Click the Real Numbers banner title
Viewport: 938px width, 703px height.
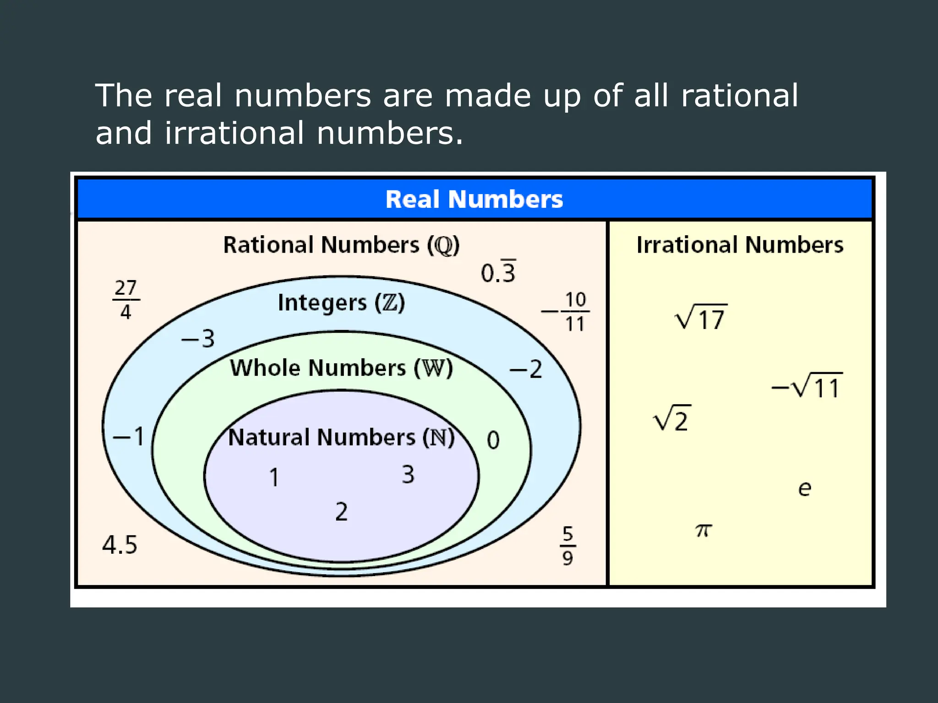(x=474, y=199)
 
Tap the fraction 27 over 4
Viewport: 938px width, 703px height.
(x=125, y=300)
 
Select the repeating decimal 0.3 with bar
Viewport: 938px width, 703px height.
(x=498, y=272)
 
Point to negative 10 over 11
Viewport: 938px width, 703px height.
(x=567, y=312)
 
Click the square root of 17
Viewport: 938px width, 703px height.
(x=701, y=317)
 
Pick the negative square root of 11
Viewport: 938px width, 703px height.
(x=807, y=386)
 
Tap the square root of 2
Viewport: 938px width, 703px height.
(x=672, y=418)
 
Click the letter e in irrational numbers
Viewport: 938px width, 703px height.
(x=804, y=488)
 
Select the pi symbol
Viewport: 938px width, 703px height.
(x=703, y=530)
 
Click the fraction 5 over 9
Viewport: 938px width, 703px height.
(x=567, y=546)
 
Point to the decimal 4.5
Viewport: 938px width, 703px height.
(x=120, y=545)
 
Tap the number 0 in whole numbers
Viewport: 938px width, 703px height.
(x=493, y=440)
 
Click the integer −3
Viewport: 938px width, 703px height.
(x=198, y=339)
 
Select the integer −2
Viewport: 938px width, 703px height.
(x=526, y=369)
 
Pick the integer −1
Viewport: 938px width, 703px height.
(x=129, y=436)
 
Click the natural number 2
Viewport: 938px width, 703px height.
(x=341, y=512)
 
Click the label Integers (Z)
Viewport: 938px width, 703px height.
(x=341, y=303)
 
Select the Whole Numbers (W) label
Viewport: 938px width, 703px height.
(x=341, y=368)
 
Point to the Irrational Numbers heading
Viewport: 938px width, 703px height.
(x=740, y=244)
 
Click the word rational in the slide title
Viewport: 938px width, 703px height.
(x=739, y=96)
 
